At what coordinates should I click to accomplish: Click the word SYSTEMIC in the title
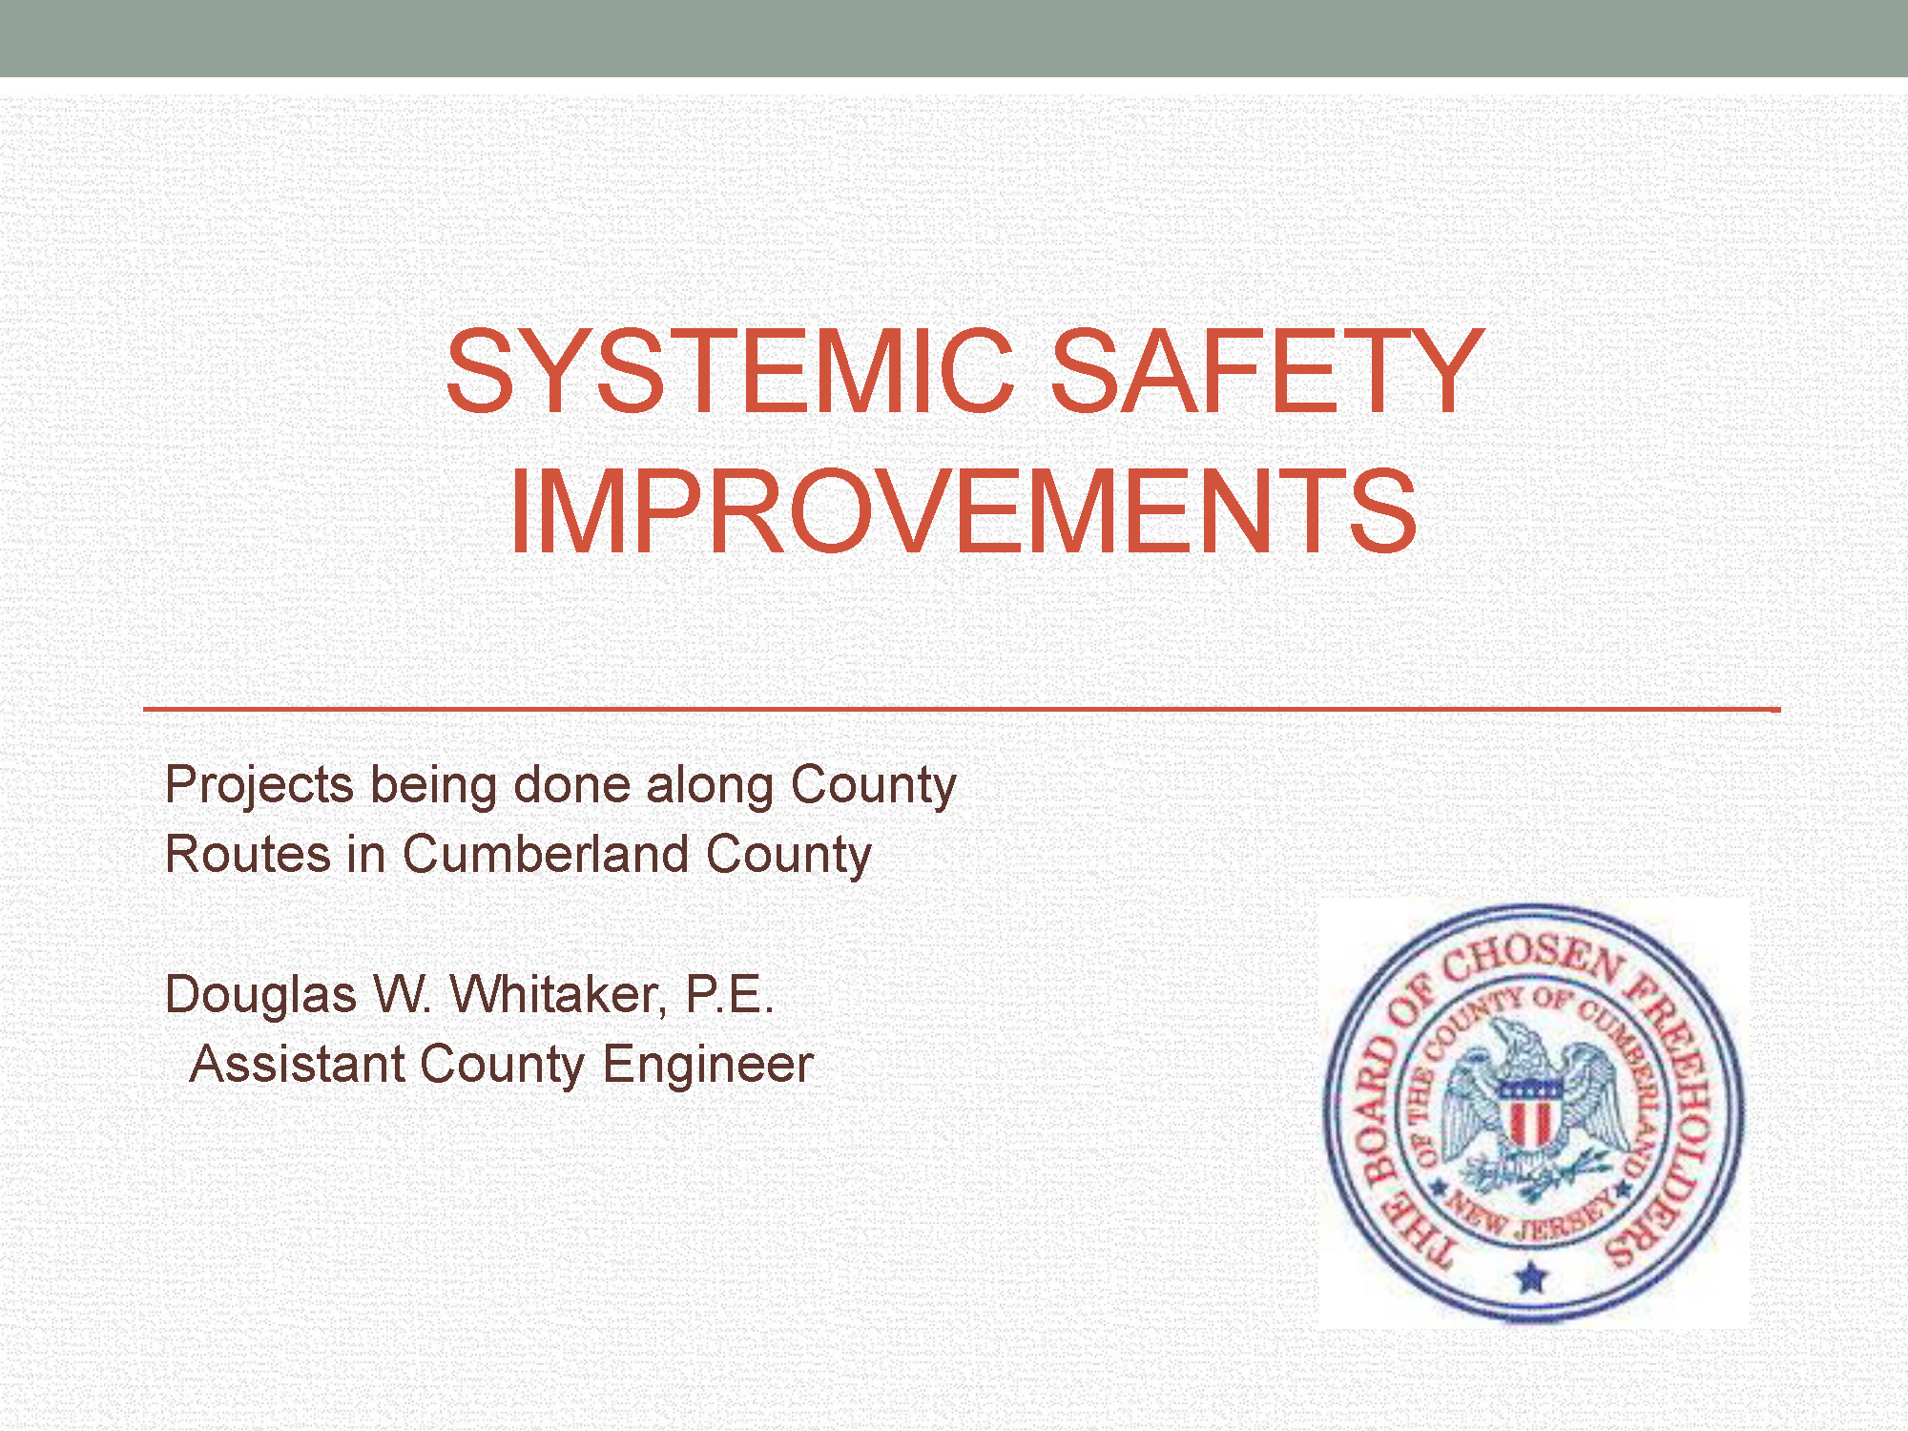(730, 372)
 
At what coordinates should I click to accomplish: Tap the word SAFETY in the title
(1267, 372)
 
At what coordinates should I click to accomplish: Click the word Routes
(248, 853)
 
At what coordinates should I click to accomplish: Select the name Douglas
(260, 995)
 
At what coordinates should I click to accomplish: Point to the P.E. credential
(730, 994)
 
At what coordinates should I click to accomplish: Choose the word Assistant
(298, 1064)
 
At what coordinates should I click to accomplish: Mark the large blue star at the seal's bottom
(1531, 1275)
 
